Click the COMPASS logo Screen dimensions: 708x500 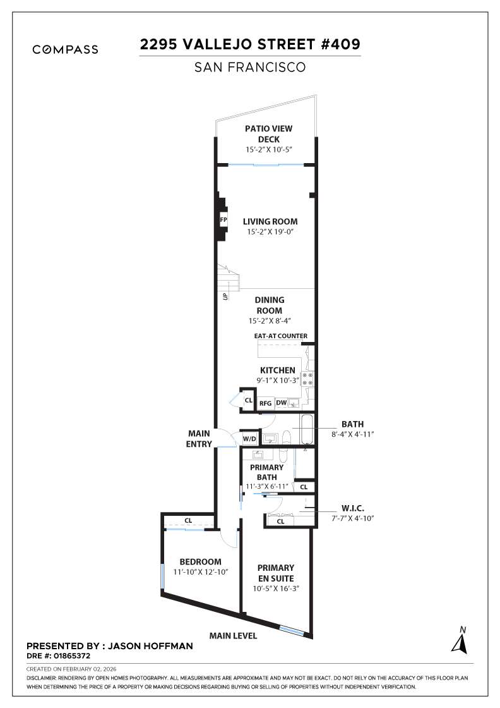click(65, 49)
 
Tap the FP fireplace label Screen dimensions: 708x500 click(223, 220)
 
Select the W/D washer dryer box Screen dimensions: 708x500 click(249, 438)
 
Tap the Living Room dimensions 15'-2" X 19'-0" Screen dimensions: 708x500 click(270, 232)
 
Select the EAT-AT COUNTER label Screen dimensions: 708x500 click(277, 336)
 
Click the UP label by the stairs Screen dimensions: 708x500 click(225, 295)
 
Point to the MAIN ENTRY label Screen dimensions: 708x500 click(199, 439)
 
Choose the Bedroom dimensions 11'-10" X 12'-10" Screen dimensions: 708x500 click(200, 572)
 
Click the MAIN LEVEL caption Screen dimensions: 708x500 click(233, 636)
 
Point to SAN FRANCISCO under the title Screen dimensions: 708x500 click(250, 66)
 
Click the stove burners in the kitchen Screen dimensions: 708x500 click(307, 379)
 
